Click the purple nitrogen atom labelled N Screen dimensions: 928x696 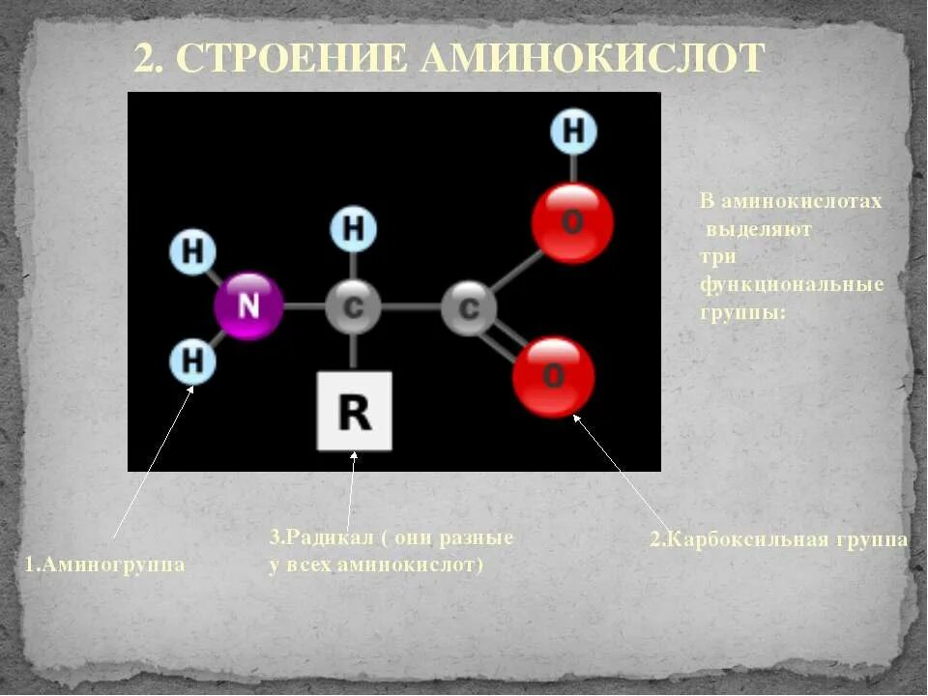coord(248,307)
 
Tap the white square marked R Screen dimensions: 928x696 coord(354,412)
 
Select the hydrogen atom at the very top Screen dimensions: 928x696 coord(573,131)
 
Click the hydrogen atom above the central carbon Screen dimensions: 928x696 coord(354,229)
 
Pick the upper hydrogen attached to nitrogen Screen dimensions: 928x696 coord(194,252)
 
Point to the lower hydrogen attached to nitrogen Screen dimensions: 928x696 coord(193,362)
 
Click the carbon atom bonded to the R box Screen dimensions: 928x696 coord(354,308)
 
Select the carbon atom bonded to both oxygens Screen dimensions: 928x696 coord(469,308)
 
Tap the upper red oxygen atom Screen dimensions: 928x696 coord(571,223)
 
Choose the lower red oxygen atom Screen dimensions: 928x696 coord(553,376)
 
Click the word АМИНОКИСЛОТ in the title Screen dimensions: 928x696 coord(593,59)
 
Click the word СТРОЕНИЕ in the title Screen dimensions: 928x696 coord(295,59)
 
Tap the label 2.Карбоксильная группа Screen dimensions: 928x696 coord(778,539)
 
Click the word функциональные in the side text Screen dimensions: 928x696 coord(792,285)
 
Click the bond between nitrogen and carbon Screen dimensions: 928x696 coord(304,307)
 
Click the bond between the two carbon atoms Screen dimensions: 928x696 coord(412,308)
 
